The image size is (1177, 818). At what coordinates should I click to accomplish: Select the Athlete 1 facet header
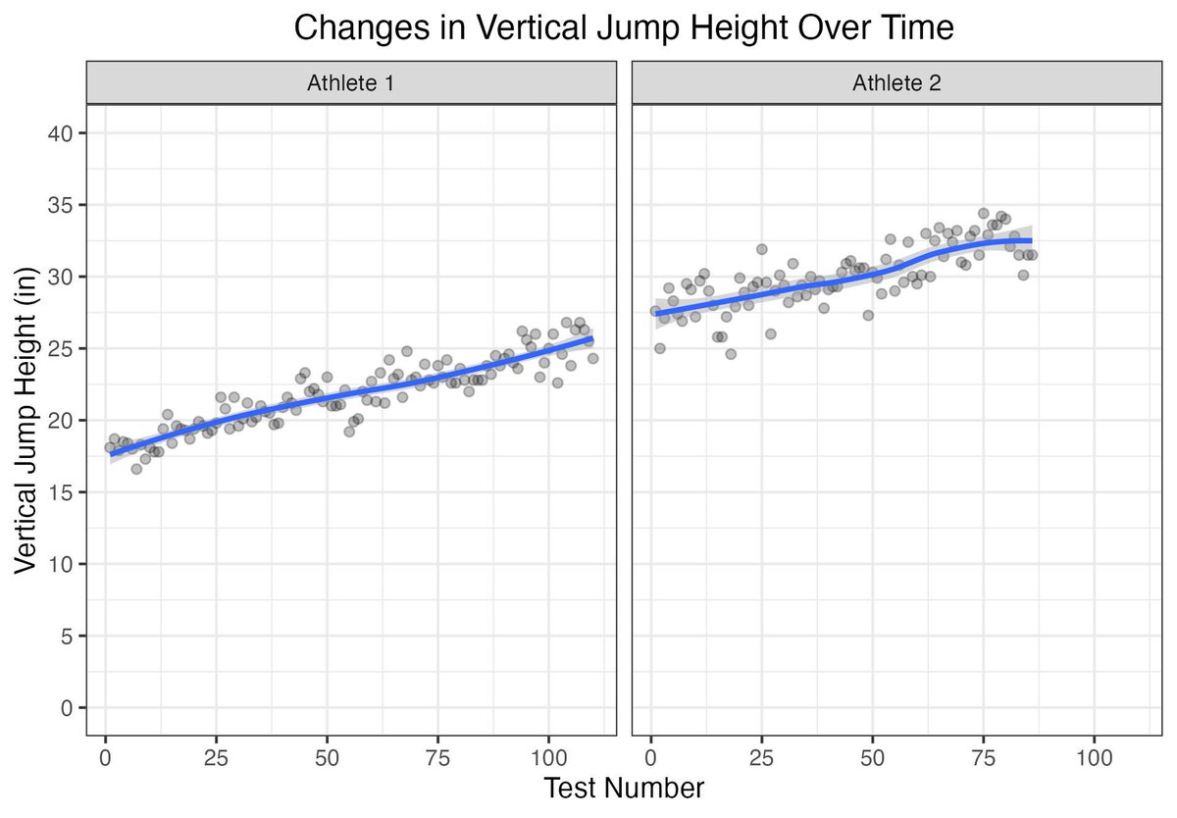click(x=351, y=83)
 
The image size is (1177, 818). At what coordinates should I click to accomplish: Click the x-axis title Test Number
click(x=623, y=788)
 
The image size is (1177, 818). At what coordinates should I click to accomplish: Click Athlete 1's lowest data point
click(x=136, y=469)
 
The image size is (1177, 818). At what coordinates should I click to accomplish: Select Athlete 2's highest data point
click(x=983, y=213)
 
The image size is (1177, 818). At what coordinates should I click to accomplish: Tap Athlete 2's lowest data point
click(x=731, y=354)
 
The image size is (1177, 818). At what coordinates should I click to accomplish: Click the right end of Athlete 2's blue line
click(x=1031, y=240)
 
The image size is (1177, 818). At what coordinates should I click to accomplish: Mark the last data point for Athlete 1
click(x=592, y=358)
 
